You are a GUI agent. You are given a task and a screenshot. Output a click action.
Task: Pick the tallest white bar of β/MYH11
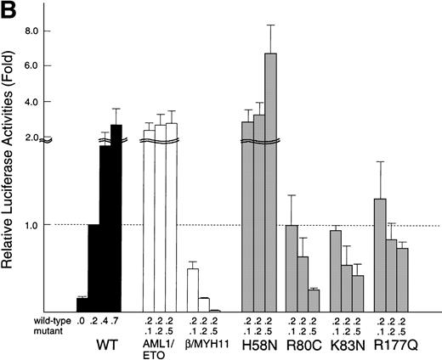click(193, 290)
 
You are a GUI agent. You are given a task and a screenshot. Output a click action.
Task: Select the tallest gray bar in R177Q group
click(380, 255)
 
